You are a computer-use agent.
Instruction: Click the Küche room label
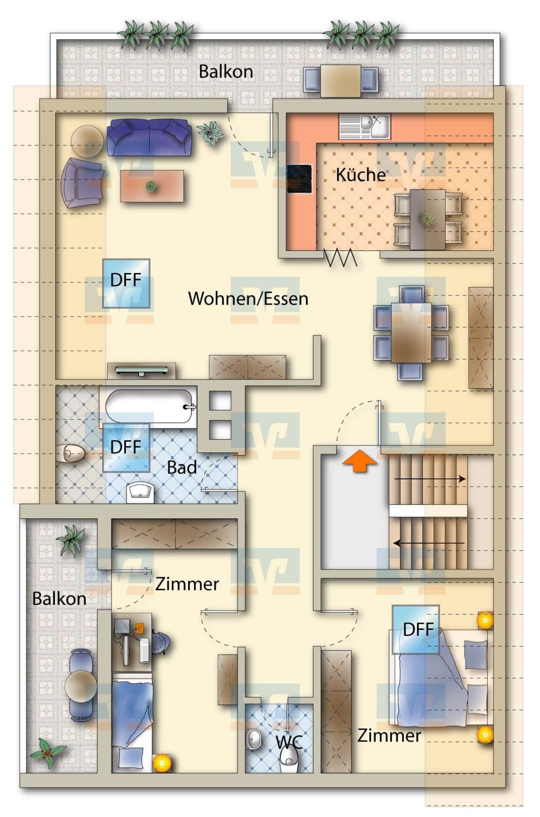pos(360,174)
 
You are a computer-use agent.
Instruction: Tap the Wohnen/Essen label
pos(248,298)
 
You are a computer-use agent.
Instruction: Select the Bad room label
pos(182,468)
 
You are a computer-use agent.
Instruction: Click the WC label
pos(289,742)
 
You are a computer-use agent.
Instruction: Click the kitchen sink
pos(365,126)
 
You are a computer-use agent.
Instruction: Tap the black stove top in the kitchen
pos(300,179)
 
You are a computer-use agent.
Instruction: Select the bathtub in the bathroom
pos(149,406)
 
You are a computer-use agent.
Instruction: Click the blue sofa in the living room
pos(149,137)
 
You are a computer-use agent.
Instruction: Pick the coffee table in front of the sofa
pos(152,186)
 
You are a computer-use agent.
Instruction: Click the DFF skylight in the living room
pos(126,283)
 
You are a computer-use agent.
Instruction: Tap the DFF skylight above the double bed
pos(416,629)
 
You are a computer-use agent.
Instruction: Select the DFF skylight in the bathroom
pos(126,447)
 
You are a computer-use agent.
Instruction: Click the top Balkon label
pos(226,71)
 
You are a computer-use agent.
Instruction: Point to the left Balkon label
pos(59,598)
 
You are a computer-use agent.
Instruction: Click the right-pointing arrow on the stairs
pos(430,479)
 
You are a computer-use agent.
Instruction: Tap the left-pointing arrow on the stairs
pos(429,543)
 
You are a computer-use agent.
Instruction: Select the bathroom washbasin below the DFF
pos(140,492)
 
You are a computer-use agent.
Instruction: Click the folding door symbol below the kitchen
pos(341,258)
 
